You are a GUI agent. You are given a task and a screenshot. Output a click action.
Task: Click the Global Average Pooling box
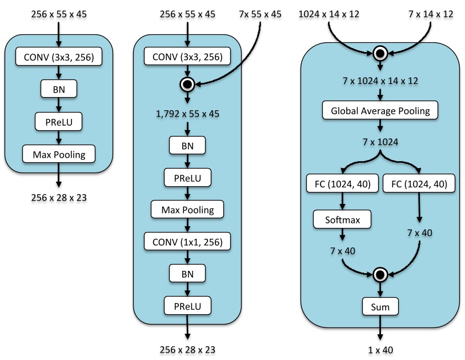click(x=380, y=110)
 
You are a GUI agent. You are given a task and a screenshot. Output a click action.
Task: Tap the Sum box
click(x=380, y=307)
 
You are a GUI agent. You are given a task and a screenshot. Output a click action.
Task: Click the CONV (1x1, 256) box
click(x=187, y=241)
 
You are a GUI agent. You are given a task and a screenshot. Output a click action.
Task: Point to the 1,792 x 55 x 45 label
click(x=187, y=113)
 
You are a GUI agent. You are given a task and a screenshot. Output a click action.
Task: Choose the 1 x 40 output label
click(x=380, y=350)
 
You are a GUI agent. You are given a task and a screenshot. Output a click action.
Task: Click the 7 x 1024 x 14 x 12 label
click(x=380, y=81)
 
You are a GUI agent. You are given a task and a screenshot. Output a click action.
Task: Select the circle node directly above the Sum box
click(x=380, y=275)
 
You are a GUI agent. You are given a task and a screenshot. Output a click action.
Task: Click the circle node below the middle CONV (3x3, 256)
click(x=187, y=85)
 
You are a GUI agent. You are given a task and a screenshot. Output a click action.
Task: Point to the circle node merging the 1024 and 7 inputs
click(x=380, y=54)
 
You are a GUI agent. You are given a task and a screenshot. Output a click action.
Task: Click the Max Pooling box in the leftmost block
click(x=58, y=154)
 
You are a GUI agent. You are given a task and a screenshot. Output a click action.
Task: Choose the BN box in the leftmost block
click(x=58, y=89)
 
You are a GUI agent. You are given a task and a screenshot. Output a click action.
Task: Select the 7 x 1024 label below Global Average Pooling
click(x=380, y=140)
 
